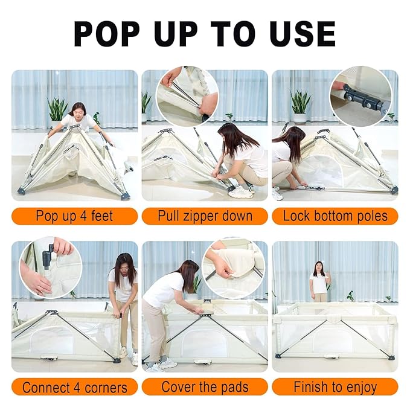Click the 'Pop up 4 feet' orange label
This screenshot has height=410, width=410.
(74, 216)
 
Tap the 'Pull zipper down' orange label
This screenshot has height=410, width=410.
(205, 216)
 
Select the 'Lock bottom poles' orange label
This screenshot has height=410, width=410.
(335, 216)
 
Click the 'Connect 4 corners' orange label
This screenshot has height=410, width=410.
(74, 386)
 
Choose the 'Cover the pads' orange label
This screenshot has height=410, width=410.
(205, 386)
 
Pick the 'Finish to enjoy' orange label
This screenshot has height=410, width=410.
(335, 386)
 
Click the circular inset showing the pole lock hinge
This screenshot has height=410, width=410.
(361, 96)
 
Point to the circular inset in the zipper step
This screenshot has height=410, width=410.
(187, 96)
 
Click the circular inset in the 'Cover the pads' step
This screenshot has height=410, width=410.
(234, 269)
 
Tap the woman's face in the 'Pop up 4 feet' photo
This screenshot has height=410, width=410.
(78, 110)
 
